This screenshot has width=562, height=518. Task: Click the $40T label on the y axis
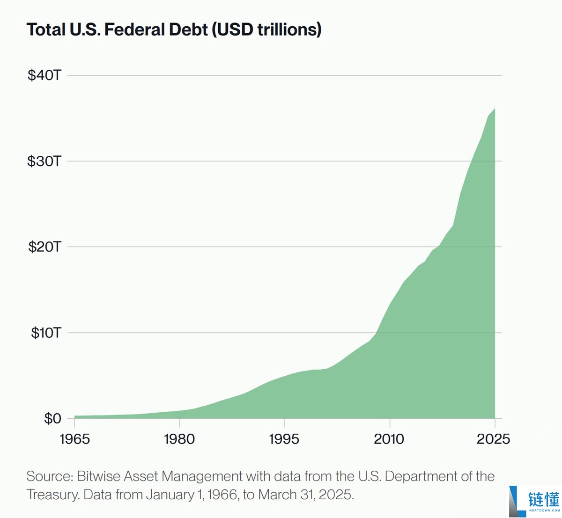pos(44,75)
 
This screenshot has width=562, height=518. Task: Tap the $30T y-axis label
pos(44,161)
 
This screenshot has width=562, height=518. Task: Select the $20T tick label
pos(44,247)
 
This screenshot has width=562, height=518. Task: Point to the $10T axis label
pos(46,333)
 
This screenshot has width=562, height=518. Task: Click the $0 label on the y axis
pos(52,418)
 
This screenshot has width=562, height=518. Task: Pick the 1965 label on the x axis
pos(74,439)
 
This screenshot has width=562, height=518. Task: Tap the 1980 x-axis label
pos(179,439)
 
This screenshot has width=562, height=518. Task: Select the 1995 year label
pos(284,439)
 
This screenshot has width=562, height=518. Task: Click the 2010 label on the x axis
pos(389,439)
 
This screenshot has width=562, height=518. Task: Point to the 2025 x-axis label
pos(493,439)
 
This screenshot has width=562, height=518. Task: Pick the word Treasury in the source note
pos(52,495)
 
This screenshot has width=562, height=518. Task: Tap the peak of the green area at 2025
pos(495,109)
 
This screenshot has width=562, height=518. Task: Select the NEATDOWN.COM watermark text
pos(544,511)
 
